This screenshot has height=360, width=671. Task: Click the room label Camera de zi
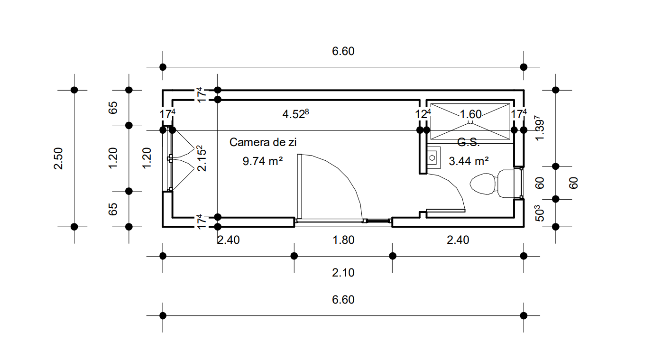263,142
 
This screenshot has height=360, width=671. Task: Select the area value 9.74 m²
263,161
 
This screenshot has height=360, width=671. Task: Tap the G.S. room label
469,142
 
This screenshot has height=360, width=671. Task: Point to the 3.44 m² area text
469,161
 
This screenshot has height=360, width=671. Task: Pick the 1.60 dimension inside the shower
470,114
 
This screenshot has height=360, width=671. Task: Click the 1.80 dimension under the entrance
344,240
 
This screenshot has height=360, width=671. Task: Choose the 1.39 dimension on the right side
539,128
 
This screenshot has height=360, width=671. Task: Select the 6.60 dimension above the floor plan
343,51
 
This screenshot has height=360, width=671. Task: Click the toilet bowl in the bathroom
482,184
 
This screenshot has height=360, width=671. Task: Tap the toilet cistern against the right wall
505,183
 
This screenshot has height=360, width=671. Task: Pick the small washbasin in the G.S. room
432,157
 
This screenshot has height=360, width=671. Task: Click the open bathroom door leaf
445,210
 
